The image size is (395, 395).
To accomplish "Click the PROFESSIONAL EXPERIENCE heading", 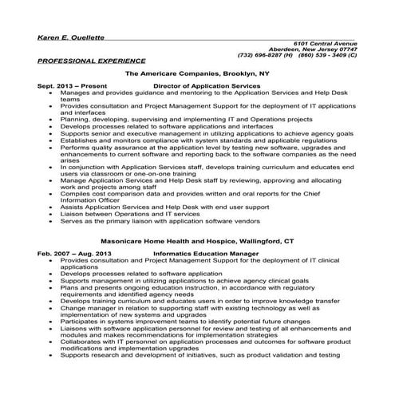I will pyautogui.click(x=91, y=61).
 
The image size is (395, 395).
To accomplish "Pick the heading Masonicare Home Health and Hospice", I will pyautogui.click(x=197, y=239).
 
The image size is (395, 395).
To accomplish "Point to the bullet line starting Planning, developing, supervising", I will pyautogui.click(x=176, y=117).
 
